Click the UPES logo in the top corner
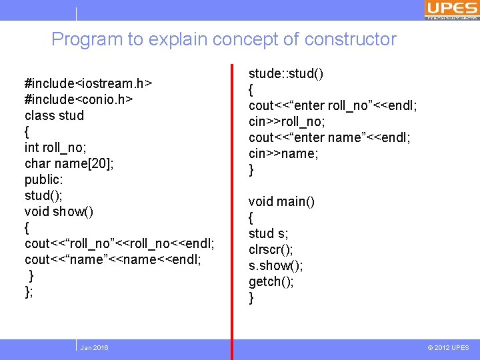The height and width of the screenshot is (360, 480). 451,9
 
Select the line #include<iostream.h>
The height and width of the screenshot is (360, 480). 88,83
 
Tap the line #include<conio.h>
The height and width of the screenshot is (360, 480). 79,99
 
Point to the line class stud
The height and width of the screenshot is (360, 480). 54,115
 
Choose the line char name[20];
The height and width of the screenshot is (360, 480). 69,163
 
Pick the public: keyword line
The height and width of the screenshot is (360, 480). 44,179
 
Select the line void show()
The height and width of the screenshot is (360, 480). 59,211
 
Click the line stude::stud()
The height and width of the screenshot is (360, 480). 286,73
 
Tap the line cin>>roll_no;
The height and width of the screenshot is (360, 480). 287,121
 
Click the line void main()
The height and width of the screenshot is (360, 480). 281,201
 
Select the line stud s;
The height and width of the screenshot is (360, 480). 268,233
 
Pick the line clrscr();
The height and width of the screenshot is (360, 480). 271,249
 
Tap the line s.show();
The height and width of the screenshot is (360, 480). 275,265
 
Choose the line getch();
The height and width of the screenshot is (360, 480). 271,281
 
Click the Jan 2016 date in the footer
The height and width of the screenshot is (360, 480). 94,348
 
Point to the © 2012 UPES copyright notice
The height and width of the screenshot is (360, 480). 448,348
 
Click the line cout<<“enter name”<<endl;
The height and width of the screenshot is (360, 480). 329,137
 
